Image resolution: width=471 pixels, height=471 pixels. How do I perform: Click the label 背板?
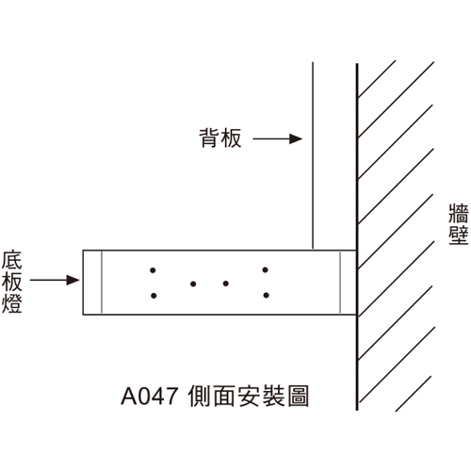click(x=220, y=138)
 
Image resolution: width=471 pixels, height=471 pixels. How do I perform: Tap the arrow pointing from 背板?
click(x=278, y=138)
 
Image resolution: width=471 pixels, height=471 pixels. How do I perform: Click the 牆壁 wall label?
click(x=459, y=224)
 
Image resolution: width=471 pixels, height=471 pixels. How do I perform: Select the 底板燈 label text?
click(x=11, y=282)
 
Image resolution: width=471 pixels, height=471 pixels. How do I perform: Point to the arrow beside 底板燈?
click(x=55, y=280)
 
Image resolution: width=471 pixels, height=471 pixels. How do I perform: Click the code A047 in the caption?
click(x=150, y=397)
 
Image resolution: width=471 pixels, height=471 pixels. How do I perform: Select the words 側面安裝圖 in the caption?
click(x=249, y=396)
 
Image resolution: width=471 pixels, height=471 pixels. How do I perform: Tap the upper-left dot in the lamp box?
click(x=153, y=270)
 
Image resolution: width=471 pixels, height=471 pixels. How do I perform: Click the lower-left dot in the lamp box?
click(x=154, y=296)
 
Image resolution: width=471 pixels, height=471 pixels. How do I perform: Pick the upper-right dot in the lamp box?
click(x=266, y=269)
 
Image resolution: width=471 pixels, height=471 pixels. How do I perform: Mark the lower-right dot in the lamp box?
click(x=267, y=295)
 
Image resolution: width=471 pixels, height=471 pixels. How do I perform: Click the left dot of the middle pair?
click(x=193, y=284)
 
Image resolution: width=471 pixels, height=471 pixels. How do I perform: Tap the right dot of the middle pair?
click(x=226, y=284)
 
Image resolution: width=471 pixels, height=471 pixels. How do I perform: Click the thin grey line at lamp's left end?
click(x=102, y=283)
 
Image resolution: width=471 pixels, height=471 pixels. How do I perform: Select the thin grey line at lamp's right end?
click(x=340, y=283)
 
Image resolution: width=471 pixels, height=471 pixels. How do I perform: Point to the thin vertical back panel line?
click(x=313, y=155)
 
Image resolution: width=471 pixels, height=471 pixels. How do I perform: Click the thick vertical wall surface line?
click(x=357, y=237)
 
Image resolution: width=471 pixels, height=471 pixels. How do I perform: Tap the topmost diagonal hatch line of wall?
click(x=377, y=79)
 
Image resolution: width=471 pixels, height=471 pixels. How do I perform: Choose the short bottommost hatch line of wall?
click(x=414, y=394)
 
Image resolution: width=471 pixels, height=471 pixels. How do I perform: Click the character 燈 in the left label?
click(x=11, y=303)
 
